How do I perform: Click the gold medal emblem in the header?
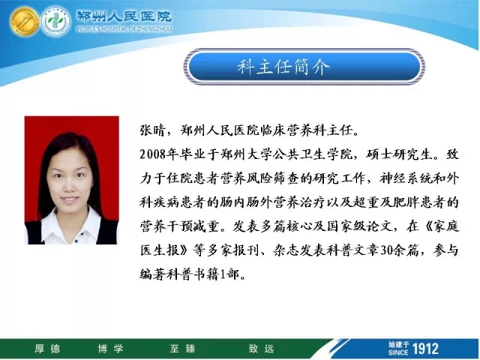coord(24,22)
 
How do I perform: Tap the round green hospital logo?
coord(55,22)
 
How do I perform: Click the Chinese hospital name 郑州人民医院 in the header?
coord(124,16)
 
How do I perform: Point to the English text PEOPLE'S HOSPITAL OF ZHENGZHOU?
coord(124,28)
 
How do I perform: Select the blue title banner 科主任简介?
coord(304,67)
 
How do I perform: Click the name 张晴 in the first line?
coord(153,130)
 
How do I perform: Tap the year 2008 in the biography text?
coord(153,154)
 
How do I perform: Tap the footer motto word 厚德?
coord(47,349)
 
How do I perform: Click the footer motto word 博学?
coord(110,349)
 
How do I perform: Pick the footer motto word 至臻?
coord(182,349)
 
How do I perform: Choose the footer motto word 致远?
coord(261,349)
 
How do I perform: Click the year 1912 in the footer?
coord(425,349)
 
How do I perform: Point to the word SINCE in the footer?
coord(398,352)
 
